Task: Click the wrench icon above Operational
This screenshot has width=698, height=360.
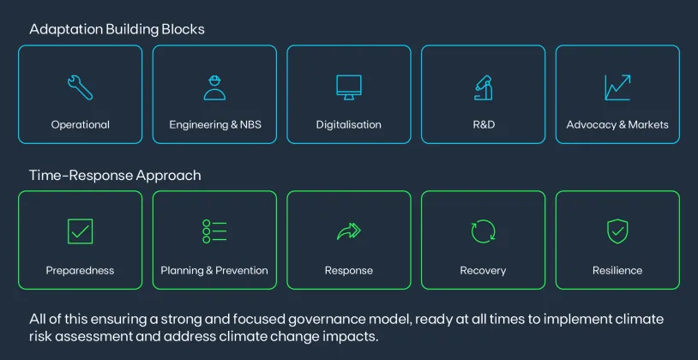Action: [x=80, y=86]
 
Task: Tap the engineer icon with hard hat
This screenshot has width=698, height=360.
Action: [x=214, y=87]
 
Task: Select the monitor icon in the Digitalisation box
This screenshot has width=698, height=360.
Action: [x=349, y=87]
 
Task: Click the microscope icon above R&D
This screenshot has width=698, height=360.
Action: [x=484, y=87]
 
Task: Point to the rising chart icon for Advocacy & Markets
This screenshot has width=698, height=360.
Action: [x=617, y=87]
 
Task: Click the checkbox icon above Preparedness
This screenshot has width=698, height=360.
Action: [x=80, y=231]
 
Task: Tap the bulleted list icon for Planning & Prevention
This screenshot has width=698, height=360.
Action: [x=214, y=231]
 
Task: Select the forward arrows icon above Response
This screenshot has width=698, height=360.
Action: [x=349, y=231]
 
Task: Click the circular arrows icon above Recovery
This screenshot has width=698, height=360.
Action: [x=484, y=231]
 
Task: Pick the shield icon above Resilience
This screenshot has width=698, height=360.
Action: [x=617, y=231]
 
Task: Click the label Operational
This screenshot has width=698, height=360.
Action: [x=80, y=124]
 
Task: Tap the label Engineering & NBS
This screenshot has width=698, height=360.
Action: [x=214, y=124]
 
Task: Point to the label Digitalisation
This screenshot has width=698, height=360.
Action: [x=349, y=124]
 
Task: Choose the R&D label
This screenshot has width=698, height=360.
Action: [x=484, y=124]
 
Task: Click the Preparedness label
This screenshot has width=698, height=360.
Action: [x=80, y=270]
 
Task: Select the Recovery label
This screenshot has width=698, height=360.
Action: [x=484, y=270]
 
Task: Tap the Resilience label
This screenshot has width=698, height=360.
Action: [x=617, y=270]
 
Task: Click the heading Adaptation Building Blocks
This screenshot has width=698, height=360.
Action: [x=117, y=29]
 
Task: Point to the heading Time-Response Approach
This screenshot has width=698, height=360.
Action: [x=115, y=175]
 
